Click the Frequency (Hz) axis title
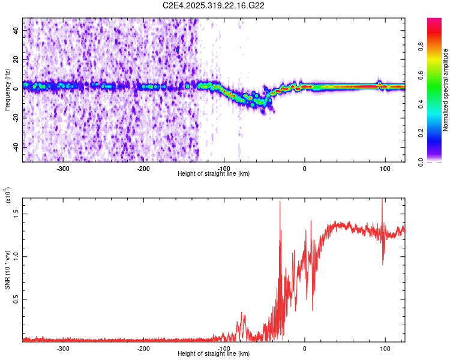coord(7,91)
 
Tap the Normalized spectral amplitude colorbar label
coord(446,91)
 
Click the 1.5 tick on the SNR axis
coord(16,213)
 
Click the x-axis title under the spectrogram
coord(214,174)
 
